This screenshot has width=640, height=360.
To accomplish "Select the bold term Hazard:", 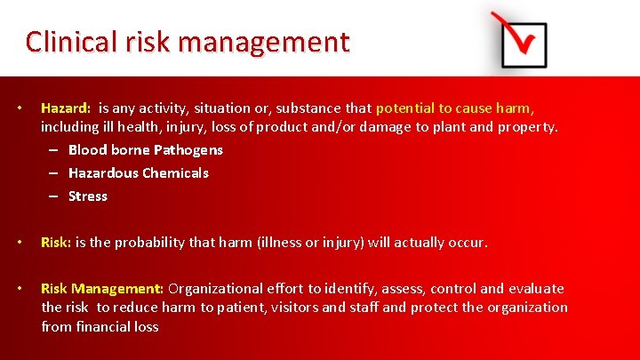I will tap(66, 108).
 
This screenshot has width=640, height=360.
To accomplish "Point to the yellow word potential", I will tap(406, 108).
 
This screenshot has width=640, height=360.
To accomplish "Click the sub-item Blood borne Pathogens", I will tap(146, 150).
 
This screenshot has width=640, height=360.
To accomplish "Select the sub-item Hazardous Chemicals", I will tap(139, 173).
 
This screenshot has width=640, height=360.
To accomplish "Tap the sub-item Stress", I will tap(88, 196).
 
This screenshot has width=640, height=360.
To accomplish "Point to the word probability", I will tap(146, 242).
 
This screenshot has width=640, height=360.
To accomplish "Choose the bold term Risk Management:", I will tap(102, 288).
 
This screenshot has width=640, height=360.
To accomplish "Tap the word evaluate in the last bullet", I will tap(535, 288).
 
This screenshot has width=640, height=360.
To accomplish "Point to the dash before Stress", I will tap(54, 196).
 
